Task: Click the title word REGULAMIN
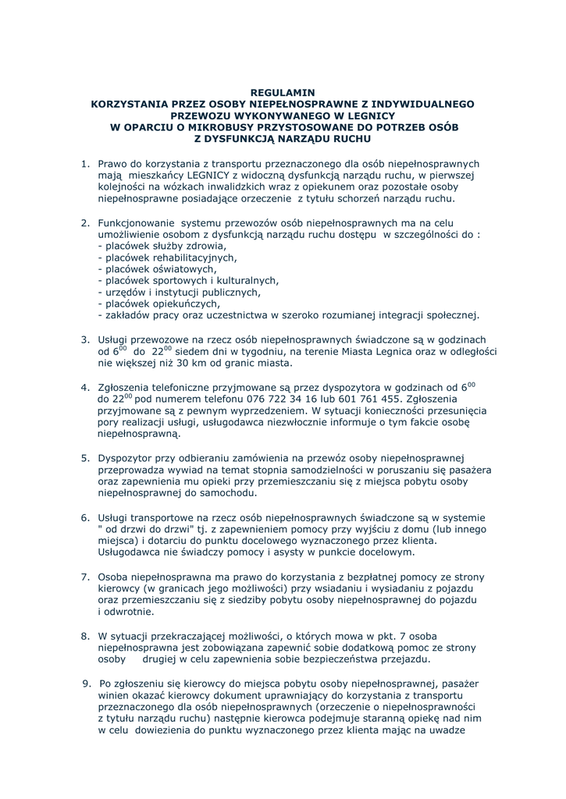(x=283, y=92)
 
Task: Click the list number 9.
(x=87, y=684)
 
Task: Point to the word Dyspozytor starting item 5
(x=126, y=457)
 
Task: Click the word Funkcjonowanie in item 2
(x=137, y=223)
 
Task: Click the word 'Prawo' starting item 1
(x=112, y=164)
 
